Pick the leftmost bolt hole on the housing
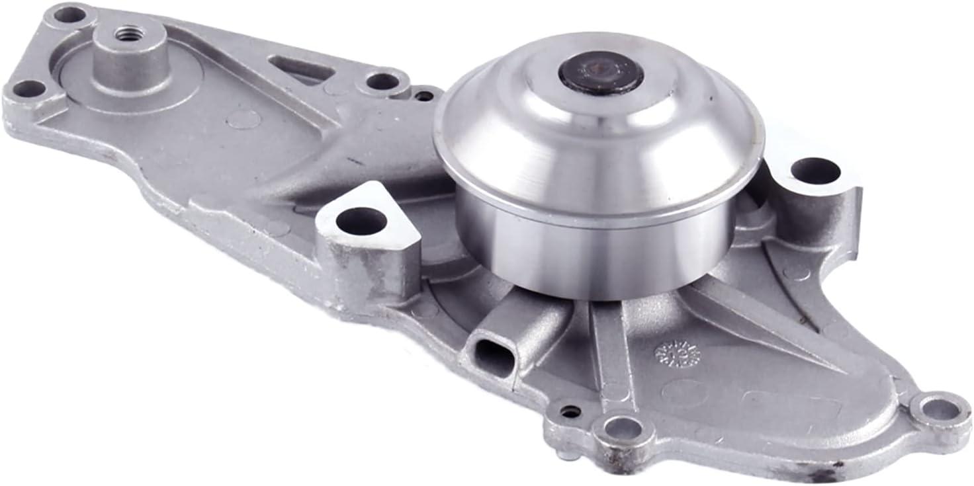coord(27,89)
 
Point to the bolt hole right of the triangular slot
coord(382,81)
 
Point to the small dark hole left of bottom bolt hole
coord(570,411)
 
